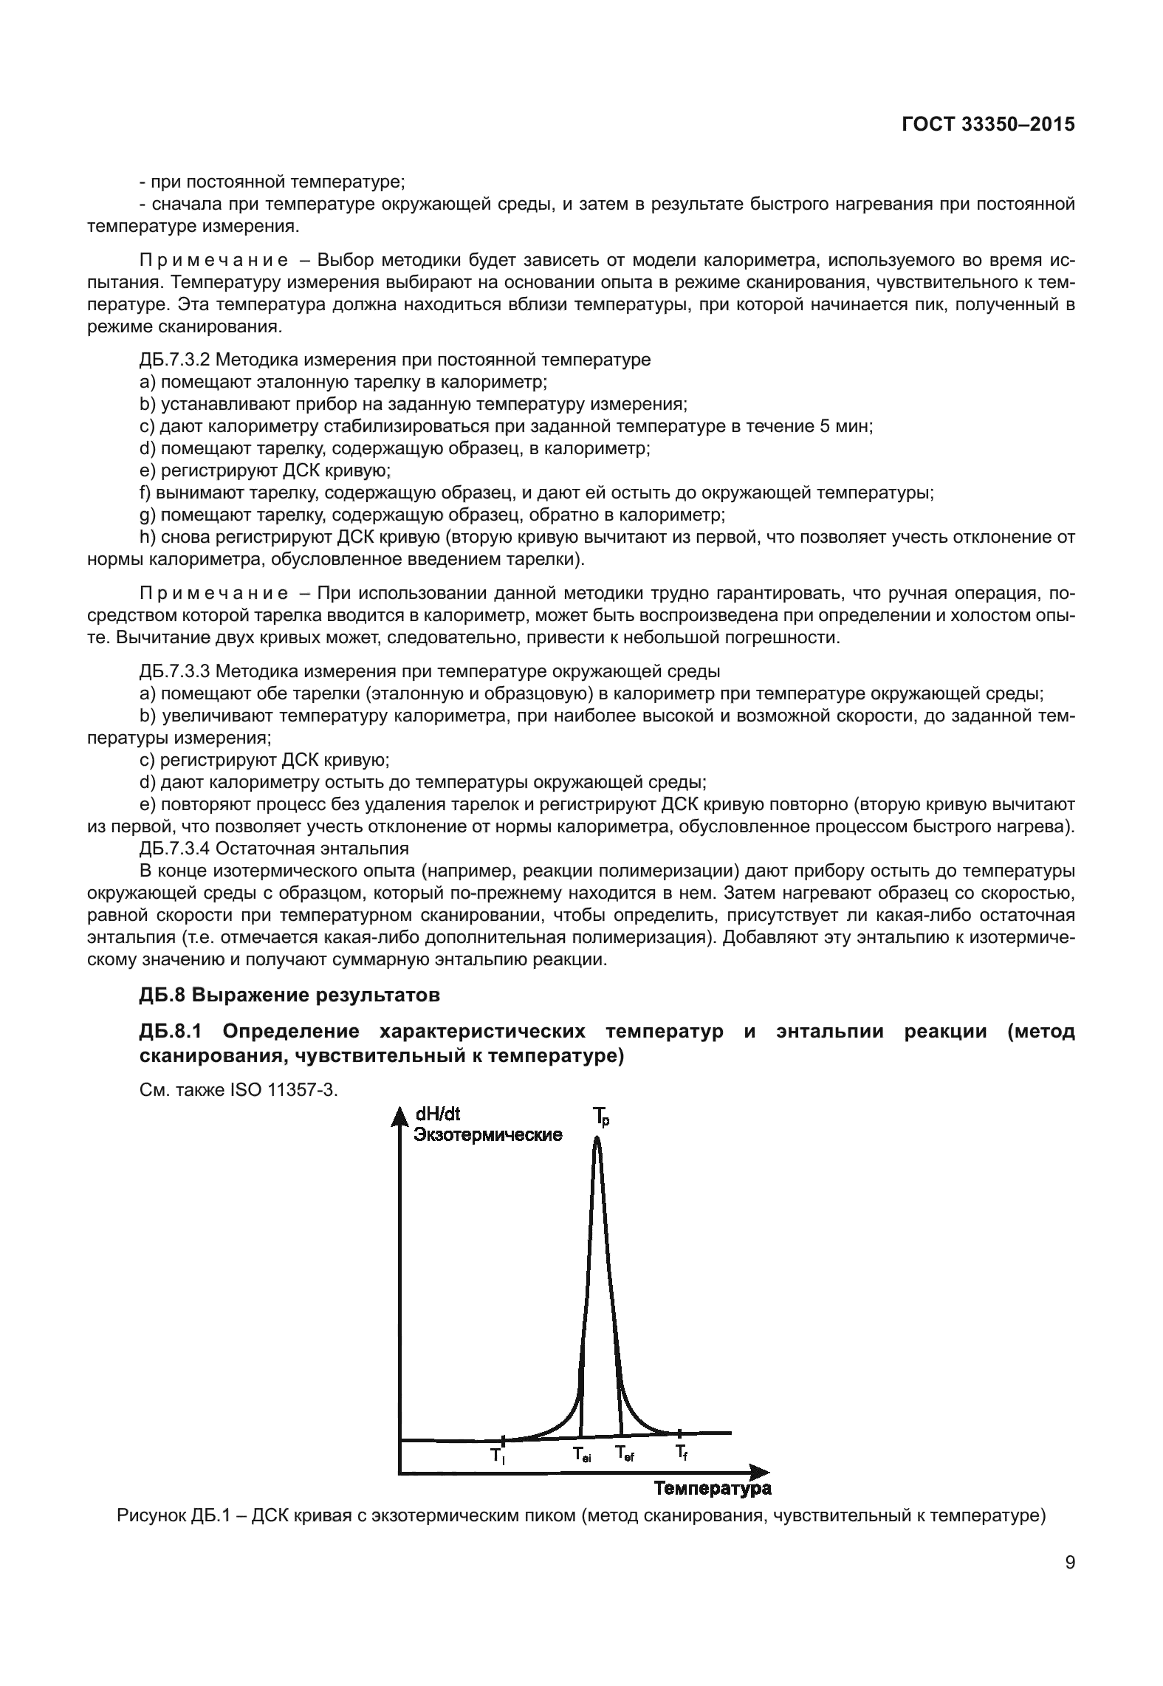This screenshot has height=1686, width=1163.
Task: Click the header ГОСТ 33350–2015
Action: [987, 125]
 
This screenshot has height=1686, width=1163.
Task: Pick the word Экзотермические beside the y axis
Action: [487, 1134]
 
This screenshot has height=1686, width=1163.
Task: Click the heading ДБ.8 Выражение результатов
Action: [289, 996]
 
